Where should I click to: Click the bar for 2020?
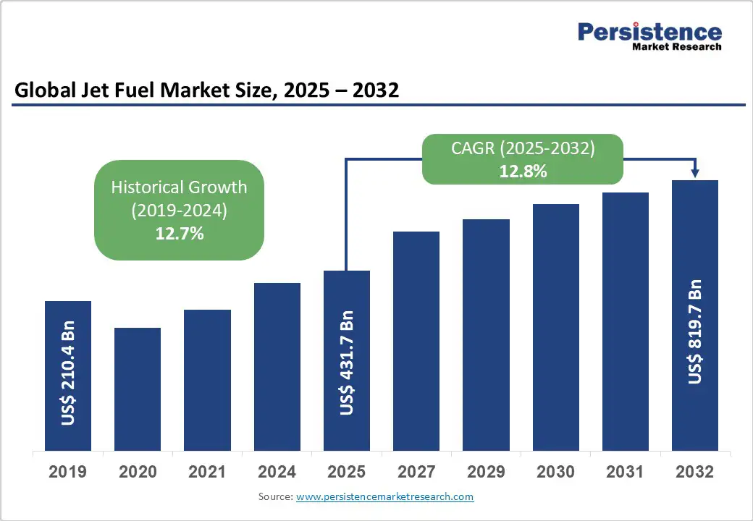[x=138, y=389]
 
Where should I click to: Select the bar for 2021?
[x=207, y=380]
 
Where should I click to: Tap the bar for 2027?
[x=416, y=341]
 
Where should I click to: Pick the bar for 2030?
[x=556, y=327]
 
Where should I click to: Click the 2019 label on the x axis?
[x=68, y=472]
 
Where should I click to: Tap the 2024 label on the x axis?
[x=277, y=472]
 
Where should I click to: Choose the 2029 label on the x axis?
[x=486, y=472]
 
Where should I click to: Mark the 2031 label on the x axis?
[x=625, y=472]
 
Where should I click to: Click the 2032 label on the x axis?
[x=694, y=472]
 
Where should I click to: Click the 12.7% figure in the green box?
[x=180, y=233]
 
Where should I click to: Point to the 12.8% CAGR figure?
[x=523, y=171]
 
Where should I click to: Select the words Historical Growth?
[x=179, y=187]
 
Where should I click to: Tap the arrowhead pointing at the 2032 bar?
[x=695, y=173]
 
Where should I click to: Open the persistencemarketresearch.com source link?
[x=384, y=496]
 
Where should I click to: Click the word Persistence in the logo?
[x=649, y=32]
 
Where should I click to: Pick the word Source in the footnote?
[x=274, y=496]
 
